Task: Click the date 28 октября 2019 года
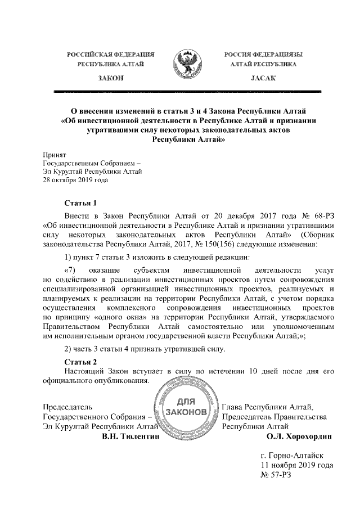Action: point(75,181)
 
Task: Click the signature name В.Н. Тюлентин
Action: point(131,436)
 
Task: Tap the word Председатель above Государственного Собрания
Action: point(68,407)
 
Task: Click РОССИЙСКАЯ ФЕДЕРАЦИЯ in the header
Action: point(111,55)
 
